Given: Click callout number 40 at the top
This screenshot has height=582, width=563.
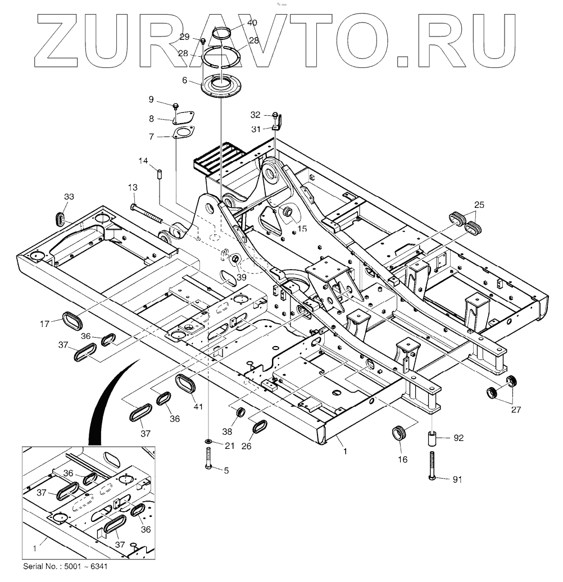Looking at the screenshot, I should click(252, 23).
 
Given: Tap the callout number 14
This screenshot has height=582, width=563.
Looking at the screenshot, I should click(143, 161).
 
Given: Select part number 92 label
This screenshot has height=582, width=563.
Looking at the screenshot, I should click(458, 438).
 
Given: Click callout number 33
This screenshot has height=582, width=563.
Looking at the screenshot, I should click(69, 197).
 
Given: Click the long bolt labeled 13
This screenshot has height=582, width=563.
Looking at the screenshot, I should click(148, 214).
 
